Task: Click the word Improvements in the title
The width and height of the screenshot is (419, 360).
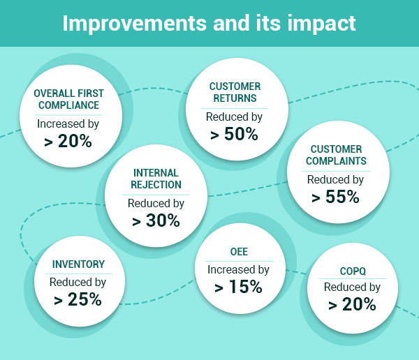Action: (135, 24)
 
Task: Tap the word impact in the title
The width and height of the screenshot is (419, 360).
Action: (321, 24)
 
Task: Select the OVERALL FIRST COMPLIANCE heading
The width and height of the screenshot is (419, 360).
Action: (68, 99)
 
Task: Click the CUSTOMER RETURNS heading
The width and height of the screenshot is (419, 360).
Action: (235, 92)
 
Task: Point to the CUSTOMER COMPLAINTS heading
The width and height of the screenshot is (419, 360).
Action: (336, 155)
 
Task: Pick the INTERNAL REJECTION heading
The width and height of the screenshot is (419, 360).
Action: (156, 179)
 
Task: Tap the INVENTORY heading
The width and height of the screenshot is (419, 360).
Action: (78, 264)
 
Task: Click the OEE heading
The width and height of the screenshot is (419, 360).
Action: (239, 252)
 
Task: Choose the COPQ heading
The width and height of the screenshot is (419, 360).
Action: (353, 271)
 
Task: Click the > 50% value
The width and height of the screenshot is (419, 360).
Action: (234, 134)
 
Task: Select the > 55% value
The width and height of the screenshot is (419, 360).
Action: (335, 197)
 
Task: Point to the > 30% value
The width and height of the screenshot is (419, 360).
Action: (156, 221)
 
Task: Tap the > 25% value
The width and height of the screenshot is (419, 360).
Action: (78, 299)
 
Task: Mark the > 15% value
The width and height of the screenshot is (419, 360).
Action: (238, 287)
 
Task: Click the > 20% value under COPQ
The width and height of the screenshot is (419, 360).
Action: (352, 304)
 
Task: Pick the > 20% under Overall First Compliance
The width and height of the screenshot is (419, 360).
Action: (68, 141)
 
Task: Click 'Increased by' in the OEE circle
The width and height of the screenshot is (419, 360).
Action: (238, 270)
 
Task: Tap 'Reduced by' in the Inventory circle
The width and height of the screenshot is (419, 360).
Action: (78, 283)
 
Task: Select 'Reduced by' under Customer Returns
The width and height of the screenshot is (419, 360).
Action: (234, 117)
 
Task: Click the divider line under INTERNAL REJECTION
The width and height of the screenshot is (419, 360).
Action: (156, 195)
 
